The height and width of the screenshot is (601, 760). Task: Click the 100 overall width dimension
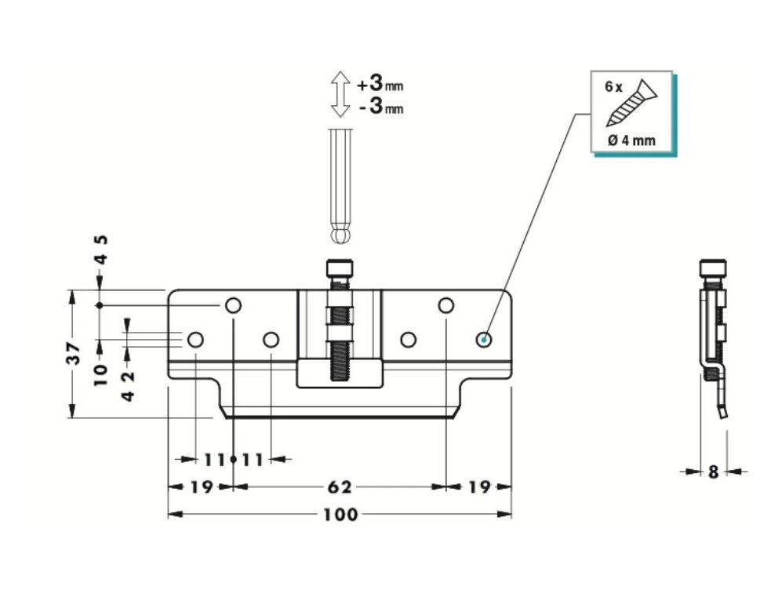[x=340, y=515]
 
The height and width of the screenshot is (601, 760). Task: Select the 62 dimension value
[x=339, y=487]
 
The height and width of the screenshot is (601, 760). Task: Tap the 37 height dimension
[x=73, y=354]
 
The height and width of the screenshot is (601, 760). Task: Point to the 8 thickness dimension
[x=713, y=472]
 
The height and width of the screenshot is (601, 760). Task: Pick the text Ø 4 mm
[x=631, y=141]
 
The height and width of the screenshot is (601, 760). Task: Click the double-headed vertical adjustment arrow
[x=340, y=94]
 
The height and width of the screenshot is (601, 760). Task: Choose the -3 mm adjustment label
[x=380, y=107]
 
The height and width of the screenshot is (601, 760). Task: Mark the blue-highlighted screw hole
[x=485, y=339]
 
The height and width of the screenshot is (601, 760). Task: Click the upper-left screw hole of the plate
[x=234, y=304]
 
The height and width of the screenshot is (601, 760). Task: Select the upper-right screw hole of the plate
[x=445, y=304]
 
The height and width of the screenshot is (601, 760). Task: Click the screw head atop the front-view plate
[x=340, y=271]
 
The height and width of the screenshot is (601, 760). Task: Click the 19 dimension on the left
[x=201, y=487]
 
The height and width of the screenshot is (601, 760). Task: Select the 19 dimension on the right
[x=478, y=487]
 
